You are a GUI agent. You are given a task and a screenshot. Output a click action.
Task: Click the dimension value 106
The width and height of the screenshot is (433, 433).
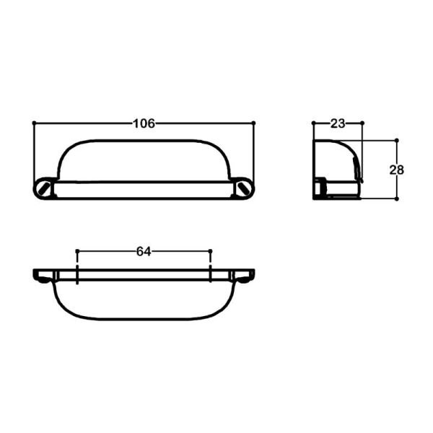(x=144, y=123)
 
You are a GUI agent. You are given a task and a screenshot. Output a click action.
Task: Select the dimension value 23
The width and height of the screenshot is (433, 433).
(x=337, y=123)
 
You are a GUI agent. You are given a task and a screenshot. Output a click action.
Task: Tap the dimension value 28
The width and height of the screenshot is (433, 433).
(x=396, y=170)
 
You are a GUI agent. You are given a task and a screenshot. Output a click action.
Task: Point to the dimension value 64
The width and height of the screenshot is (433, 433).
(x=143, y=251)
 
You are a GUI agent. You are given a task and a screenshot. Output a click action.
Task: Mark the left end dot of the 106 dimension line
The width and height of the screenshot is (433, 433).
(x=34, y=123)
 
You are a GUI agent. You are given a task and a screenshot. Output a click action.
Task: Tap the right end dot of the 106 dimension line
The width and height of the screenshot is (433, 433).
(x=254, y=123)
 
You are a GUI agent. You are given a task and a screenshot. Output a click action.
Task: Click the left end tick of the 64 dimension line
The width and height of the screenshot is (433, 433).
(x=76, y=251)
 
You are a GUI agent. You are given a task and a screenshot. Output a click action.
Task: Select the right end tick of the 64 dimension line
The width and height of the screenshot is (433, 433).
(x=210, y=251)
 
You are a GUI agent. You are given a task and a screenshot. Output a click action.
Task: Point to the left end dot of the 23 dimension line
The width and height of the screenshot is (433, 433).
(x=313, y=123)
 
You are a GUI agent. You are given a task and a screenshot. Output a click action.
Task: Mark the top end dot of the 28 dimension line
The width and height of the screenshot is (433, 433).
(x=397, y=139)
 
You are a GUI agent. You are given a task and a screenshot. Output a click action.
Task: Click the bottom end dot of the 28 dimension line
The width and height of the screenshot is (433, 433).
(x=397, y=198)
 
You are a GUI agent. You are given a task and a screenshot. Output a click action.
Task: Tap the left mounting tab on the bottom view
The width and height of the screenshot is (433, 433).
(x=44, y=276)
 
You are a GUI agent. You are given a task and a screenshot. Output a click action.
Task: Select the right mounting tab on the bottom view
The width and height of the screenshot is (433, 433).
(x=243, y=276)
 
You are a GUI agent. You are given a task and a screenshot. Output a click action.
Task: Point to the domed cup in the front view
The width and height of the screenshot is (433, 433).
(x=144, y=160)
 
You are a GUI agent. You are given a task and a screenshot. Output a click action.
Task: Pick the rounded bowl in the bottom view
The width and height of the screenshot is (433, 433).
(x=143, y=299)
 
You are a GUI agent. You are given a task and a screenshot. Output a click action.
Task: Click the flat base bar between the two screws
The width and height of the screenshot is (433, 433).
(x=144, y=189)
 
